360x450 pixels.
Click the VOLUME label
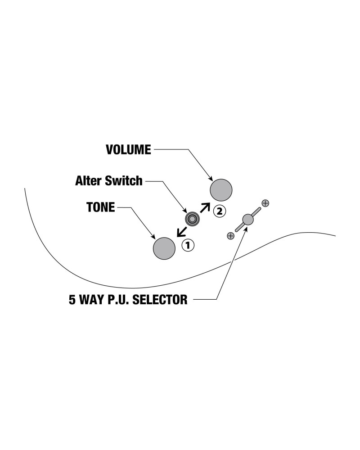(x=128, y=150)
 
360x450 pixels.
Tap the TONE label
(x=100, y=207)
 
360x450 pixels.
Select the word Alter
(x=89, y=181)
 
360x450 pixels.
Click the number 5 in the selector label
(x=72, y=300)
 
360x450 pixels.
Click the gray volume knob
(x=221, y=189)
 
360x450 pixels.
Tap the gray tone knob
(x=164, y=248)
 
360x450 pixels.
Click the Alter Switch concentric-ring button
(x=192, y=219)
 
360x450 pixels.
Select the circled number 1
(x=188, y=245)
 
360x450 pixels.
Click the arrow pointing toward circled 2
(x=205, y=207)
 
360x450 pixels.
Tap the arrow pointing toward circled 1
(x=181, y=231)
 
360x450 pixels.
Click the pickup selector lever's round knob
(x=247, y=220)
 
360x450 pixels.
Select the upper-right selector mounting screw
(x=265, y=203)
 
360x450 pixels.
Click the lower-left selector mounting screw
(x=231, y=235)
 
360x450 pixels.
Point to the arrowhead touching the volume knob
(x=211, y=179)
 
